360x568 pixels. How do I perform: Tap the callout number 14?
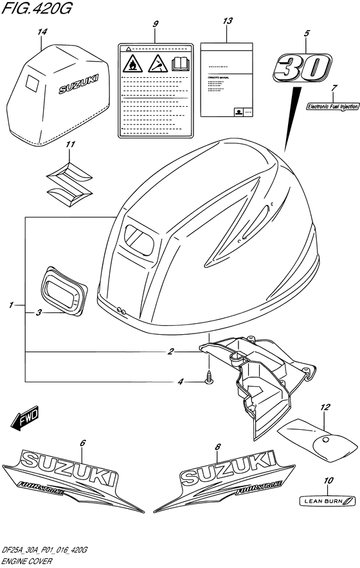pos(42,31)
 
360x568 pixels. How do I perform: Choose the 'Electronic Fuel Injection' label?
pos(332,107)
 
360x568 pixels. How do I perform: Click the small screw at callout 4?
pos(209,382)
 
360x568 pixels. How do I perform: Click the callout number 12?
pos(325,407)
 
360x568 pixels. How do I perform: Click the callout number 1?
pos(12,305)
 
